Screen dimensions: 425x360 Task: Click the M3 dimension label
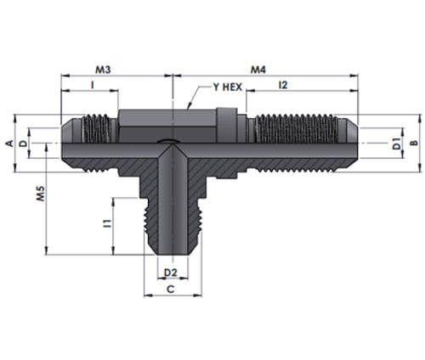point(103,70)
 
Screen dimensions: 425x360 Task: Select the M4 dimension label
point(258,70)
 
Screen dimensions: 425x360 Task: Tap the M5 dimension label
point(41,194)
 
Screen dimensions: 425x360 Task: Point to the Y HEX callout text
point(228,87)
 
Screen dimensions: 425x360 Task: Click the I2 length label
point(283,85)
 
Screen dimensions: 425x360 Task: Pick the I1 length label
point(107,223)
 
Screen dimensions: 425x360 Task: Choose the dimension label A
point(9,143)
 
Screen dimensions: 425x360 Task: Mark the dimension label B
point(414,143)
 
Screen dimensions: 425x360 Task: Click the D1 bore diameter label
point(397,143)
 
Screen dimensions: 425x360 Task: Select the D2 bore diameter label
point(171,273)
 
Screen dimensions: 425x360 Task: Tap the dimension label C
point(171,290)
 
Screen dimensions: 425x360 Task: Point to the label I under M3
point(92,85)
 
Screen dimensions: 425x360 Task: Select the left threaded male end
point(89,143)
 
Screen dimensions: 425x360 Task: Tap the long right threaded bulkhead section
point(295,143)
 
